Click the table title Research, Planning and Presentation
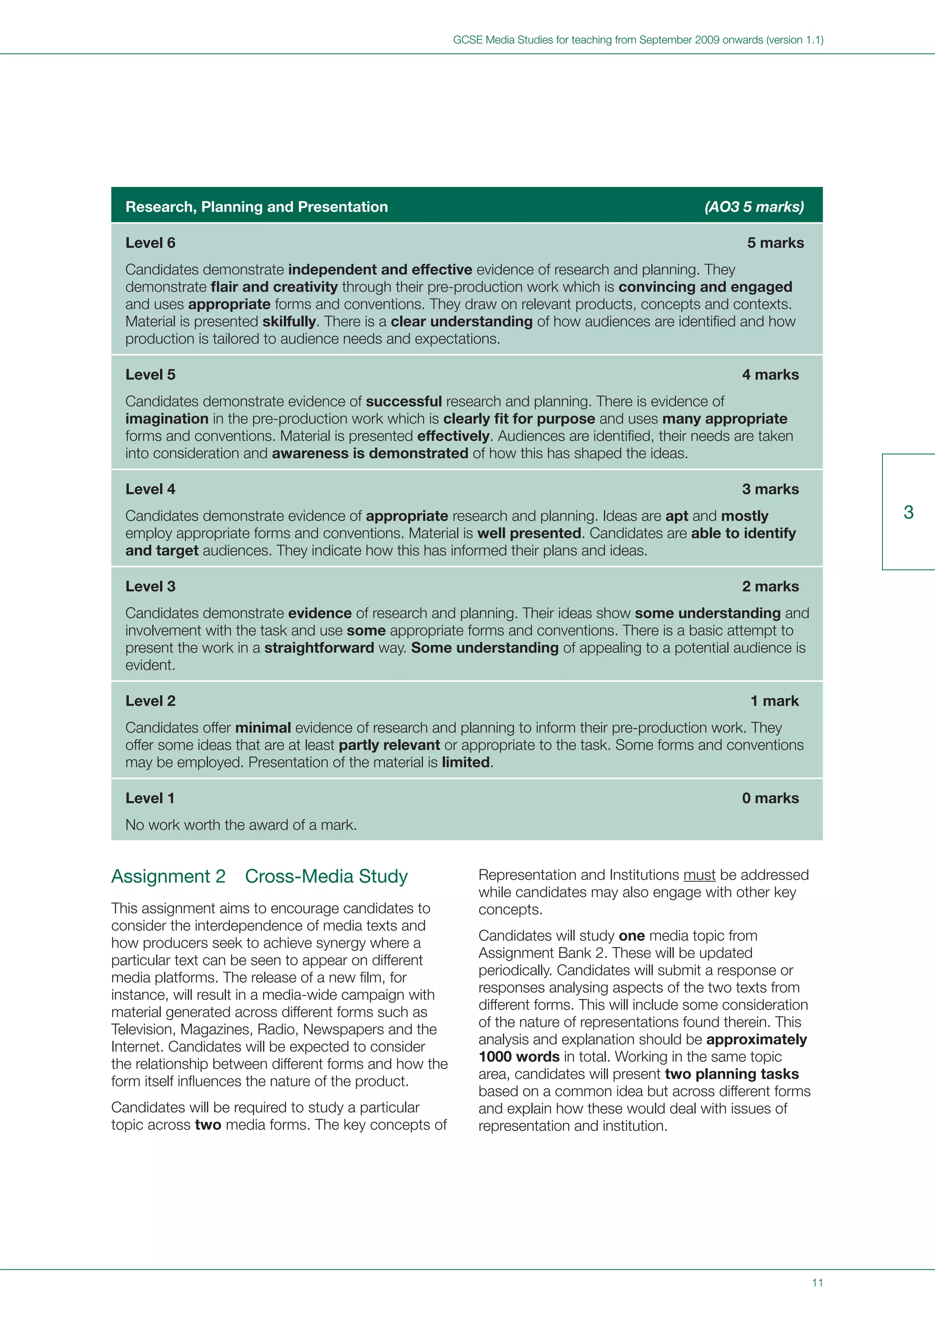click(256, 207)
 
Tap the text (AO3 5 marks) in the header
click(754, 207)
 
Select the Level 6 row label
click(150, 243)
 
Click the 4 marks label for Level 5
click(770, 375)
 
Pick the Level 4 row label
click(150, 489)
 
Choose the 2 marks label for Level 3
click(770, 587)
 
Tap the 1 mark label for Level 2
click(774, 701)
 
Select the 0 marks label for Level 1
click(770, 798)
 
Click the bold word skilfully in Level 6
click(289, 322)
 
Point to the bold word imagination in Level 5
click(167, 419)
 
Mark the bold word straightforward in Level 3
click(319, 648)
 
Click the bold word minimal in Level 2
click(263, 728)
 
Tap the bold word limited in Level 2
click(466, 762)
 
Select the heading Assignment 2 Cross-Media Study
click(259, 876)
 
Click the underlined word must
click(699, 875)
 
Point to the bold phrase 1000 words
click(519, 1057)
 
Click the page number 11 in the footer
click(817, 1283)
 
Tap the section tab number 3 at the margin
click(908, 512)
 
